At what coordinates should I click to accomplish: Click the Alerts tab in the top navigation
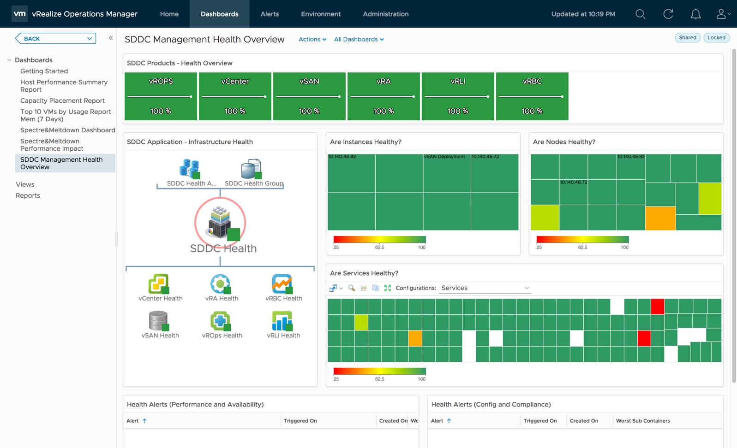tap(270, 14)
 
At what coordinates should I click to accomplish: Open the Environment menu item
tap(321, 14)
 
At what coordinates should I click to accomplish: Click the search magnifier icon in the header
tap(640, 14)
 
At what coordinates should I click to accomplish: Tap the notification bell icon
tap(695, 14)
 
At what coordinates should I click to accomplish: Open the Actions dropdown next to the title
tap(312, 39)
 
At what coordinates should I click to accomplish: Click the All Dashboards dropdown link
tap(359, 39)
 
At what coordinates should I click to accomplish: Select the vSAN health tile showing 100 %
tap(309, 96)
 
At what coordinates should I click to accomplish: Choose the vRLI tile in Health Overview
tap(458, 96)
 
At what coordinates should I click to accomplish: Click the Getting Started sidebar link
tap(44, 71)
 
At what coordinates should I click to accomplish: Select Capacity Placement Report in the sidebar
tap(62, 100)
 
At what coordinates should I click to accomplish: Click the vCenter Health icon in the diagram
tap(159, 284)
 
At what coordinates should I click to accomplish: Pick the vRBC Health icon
tap(282, 284)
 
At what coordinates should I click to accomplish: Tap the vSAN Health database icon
tap(158, 321)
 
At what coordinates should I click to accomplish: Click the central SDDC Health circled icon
tap(220, 223)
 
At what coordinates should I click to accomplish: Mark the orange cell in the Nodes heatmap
tap(660, 218)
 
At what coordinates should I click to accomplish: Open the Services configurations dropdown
tap(485, 288)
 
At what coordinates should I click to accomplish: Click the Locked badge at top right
tap(716, 38)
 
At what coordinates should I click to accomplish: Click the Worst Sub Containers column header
tap(643, 421)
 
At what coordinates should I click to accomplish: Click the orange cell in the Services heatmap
tap(415, 338)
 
